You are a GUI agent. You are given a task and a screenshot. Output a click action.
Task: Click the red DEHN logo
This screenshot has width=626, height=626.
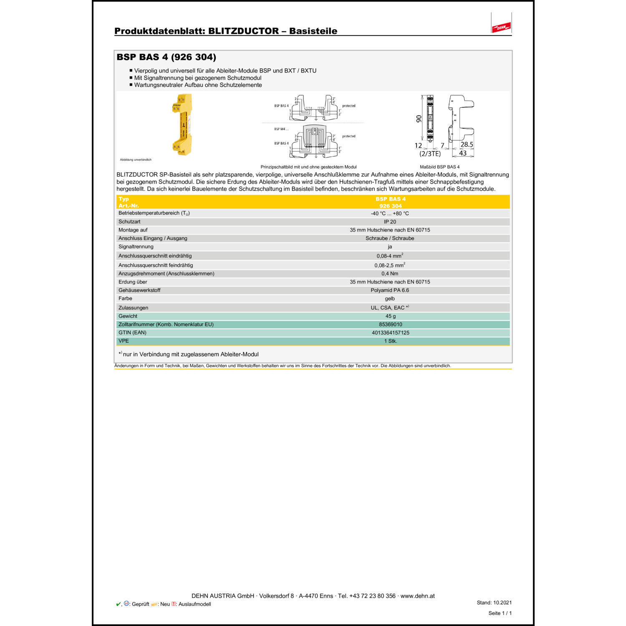[x=501, y=27]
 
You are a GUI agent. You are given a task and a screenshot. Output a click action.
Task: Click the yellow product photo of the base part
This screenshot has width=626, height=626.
[x=183, y=124]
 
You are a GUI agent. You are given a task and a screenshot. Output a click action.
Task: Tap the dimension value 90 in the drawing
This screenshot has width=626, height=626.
[x=419, y=119]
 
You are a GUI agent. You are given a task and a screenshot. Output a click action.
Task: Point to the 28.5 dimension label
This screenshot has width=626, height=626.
[x=467, y=144]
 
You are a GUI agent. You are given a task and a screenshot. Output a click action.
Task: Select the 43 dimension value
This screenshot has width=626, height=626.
[x=463, y=153]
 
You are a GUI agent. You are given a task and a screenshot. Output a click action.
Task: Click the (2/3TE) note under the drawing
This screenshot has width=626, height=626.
[x=430, y=154]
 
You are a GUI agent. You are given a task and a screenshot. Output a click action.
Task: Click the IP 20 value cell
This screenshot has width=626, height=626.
[x=390, y=222]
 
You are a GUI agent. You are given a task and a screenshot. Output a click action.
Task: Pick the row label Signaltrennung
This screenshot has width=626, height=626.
[x=136, y=247]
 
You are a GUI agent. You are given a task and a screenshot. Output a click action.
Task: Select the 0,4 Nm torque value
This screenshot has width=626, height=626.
[x=390, y=274]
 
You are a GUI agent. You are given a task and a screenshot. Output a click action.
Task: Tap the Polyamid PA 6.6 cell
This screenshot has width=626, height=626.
[x=390, y=290]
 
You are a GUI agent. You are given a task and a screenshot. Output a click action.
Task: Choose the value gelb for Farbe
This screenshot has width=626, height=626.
[x=390, y=298]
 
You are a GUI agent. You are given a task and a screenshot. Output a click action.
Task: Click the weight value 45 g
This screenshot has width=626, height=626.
[x=390, y=316]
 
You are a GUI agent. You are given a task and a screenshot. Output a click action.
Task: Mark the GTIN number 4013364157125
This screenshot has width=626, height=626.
[x=390, y=333]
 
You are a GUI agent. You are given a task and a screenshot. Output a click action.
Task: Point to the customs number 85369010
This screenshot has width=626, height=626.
[x=390, y=324]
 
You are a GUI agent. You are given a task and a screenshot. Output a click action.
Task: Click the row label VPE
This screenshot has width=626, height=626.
[x=124, y=341]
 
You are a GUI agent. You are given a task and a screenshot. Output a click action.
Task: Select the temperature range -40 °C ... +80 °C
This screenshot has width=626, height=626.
[x=390, y=213]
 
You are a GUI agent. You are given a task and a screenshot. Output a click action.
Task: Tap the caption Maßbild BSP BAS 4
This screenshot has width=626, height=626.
[x=439, y=167]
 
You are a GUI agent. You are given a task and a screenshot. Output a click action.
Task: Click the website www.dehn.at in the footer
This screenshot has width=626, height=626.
[x=417, y=596]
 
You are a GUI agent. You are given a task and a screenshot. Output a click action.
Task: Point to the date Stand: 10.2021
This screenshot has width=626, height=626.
[x=494, y=603]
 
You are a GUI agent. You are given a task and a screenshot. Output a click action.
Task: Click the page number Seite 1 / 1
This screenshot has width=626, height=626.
[x=500, y=613]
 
